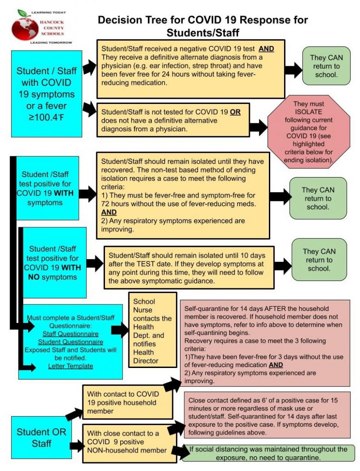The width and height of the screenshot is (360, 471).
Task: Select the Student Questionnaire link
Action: (x=70, y=342)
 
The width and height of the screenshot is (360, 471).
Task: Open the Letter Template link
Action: (x=70, y=366)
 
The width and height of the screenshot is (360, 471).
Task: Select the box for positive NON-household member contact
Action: (x=126, y=442)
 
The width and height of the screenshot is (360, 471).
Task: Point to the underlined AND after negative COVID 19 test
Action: (x=266, y=48)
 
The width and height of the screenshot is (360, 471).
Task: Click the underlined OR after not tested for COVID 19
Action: (x=235, y=112)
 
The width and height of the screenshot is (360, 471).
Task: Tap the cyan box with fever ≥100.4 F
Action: (x=46, y=94)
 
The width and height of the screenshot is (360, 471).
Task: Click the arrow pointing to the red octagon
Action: (x=258, y=127)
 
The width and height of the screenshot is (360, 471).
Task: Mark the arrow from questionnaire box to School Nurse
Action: (x=120, y=330)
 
